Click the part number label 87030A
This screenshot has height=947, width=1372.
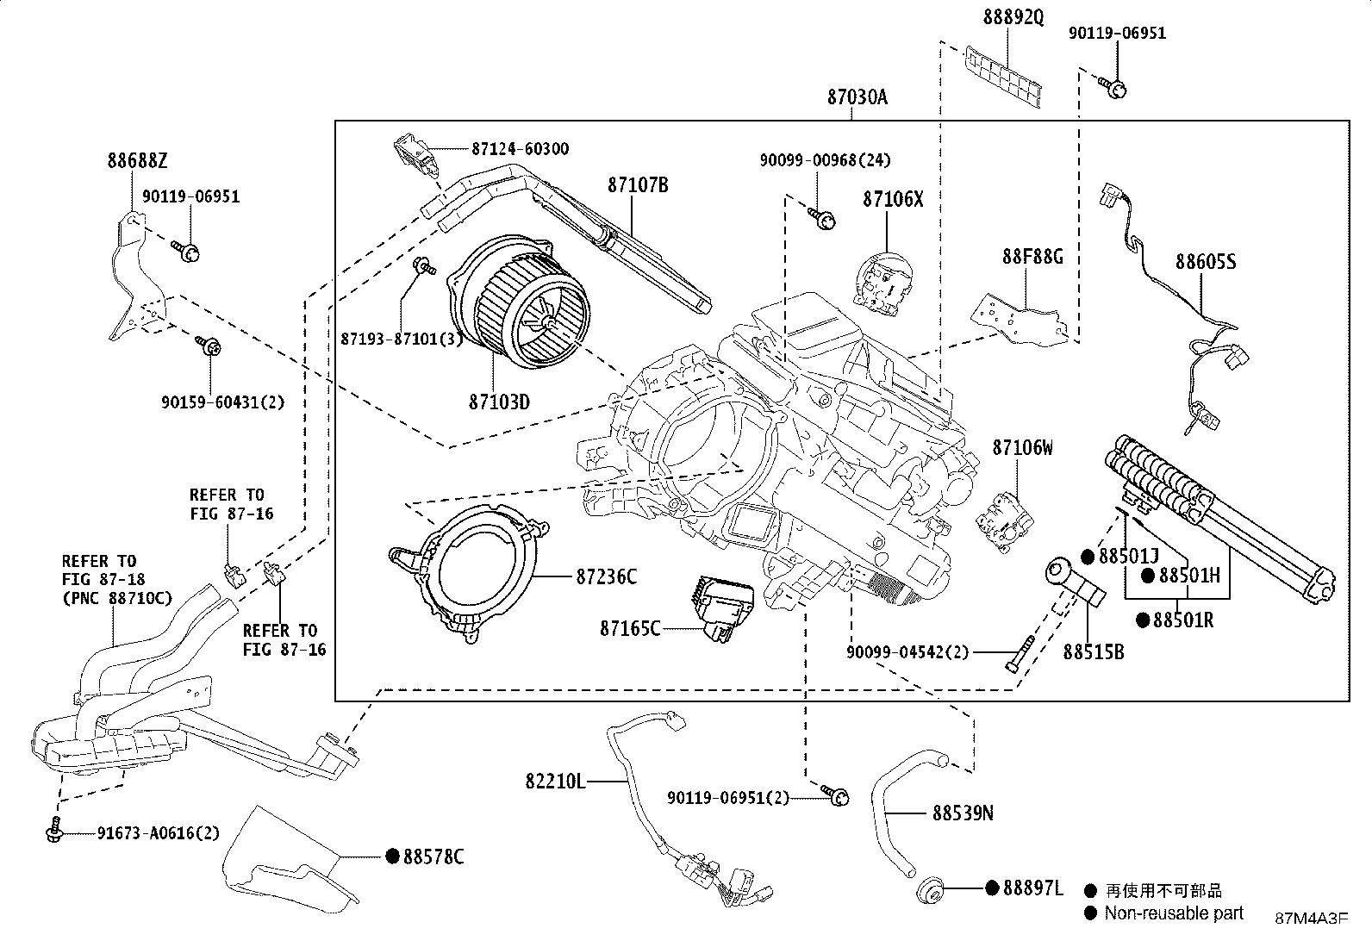tap(857, 97)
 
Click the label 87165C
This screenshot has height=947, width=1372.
tap(630, 628)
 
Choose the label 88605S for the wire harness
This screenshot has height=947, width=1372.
tap(1205, 261)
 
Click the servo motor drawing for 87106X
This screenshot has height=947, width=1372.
tap(884, 279)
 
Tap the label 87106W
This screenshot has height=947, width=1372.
tap(1022, 448)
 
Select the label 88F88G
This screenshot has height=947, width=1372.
tap(1032, 257)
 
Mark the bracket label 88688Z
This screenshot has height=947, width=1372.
tap(138, 160)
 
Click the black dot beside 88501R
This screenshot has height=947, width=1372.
tap(1143, 620)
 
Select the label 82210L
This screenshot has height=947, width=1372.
tap(555, 782)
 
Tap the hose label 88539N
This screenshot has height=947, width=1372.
tap(962, 813)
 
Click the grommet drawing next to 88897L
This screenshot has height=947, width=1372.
tap(929, 890)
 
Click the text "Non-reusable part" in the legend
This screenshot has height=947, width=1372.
tap(1174, 913)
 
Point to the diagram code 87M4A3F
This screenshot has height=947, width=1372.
tap(1311, 919)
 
